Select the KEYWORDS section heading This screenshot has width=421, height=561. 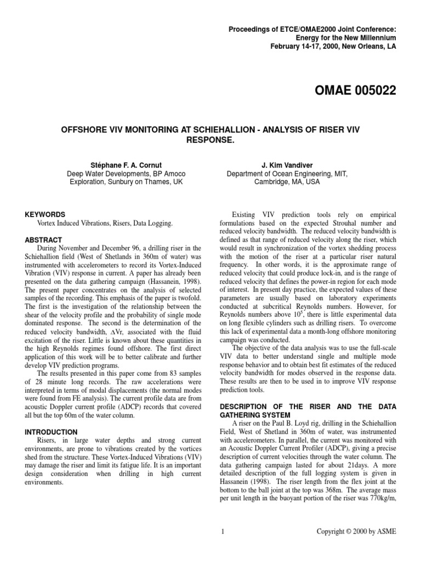pos(45,215)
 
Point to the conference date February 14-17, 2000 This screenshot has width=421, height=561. pos(301,46)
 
